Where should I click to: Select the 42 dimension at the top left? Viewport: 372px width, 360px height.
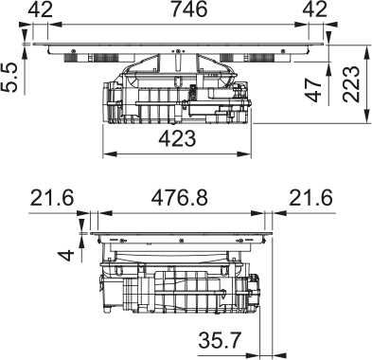(x=40, y=11)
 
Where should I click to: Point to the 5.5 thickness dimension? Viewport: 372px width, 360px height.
(x=10, y=78)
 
